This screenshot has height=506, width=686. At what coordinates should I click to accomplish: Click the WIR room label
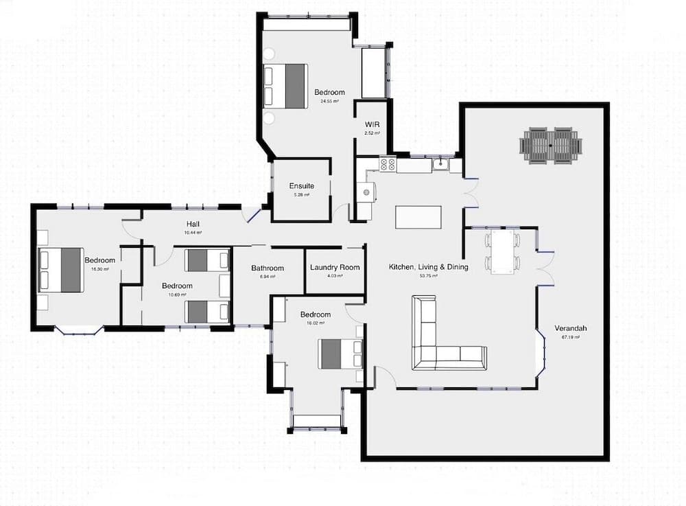pos(372,124)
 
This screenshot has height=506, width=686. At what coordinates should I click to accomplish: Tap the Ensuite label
pos(302,186)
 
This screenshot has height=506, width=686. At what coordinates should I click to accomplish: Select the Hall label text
pos(193,225)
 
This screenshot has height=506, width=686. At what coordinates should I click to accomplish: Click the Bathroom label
pos(268,268)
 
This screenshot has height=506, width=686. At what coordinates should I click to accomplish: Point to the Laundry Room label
pos(335,268)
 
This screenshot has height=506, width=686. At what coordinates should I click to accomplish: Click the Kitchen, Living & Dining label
pos(429,267)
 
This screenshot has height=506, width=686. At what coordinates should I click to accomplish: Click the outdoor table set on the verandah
pos(551,146)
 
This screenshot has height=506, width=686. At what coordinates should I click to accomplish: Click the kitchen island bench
pos(418,217)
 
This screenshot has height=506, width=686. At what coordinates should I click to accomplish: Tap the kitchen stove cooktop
pos(387,165)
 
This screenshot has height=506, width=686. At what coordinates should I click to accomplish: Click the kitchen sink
pos(442,165)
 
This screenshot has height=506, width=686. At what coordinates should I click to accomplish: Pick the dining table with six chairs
pos(503,252)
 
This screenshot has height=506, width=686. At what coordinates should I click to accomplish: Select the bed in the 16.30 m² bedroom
pos(61,269)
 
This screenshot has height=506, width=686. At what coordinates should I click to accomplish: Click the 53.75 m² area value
pos(429,276)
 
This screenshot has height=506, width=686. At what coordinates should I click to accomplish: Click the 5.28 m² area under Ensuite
pos(302,195)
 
